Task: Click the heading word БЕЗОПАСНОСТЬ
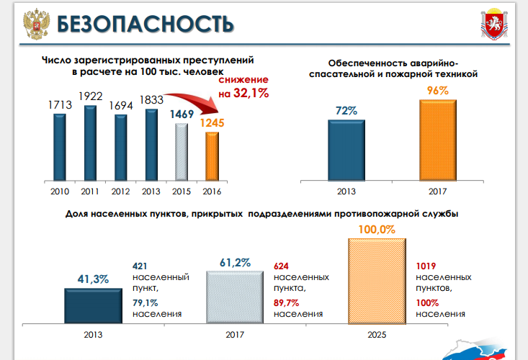click(145, 24)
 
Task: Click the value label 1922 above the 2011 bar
click(91, 96)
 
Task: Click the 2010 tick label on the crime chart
click(59, 191)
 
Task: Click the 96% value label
click(437, 91)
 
